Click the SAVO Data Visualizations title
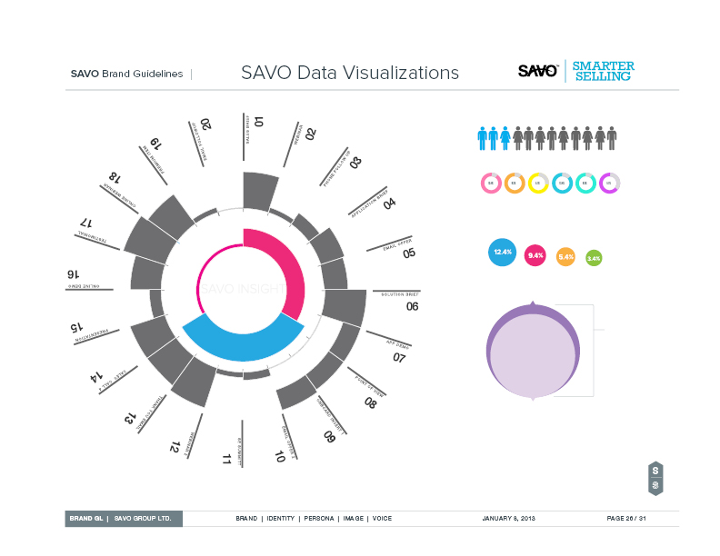pos(350,74)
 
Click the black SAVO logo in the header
pos(537,71)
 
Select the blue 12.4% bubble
pos(502,252)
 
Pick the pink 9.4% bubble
pos(535,255)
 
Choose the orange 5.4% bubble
pos(565,257)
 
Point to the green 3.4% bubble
pos(594,258)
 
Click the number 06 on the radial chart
pos(412,306)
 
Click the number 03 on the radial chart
pos(355,163)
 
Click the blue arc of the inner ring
pos(241,340)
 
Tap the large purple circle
pos(533,352)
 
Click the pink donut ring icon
pos(491,183)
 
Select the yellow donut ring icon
pos(538,183)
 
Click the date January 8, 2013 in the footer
pos(508,518)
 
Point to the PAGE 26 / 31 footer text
pos(625,518)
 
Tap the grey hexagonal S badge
pos(655,479)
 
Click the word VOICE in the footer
pos(382,518)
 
